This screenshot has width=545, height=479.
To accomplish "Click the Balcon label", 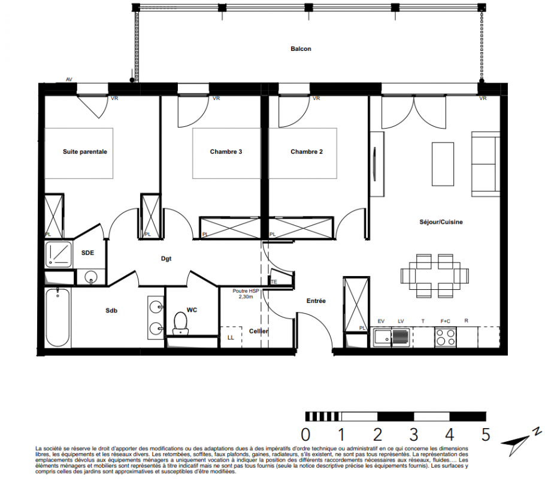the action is tap(301, 49).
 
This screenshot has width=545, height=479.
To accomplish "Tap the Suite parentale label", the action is tap(85, 151).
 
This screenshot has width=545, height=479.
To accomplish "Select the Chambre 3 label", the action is tap(226, 151).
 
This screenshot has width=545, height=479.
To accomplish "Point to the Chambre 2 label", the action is tap(307, 151).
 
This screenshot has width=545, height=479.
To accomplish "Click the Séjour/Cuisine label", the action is tap(441, 222).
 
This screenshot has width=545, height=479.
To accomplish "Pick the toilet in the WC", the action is tap(180, 323).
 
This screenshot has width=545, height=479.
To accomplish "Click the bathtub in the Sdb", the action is tap(57, 317).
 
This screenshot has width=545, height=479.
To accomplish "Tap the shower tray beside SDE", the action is tap(59, 254).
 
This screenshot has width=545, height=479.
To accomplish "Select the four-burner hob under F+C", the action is tap(445, 337).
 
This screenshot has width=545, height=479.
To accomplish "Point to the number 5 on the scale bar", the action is tap(486, 435).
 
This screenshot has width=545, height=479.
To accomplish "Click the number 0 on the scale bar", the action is tap(305, 435).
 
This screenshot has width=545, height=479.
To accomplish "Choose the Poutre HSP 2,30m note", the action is tap(246, 294).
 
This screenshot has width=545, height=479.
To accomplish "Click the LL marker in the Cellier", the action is tap(231, 337).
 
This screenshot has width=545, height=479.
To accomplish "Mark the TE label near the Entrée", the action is tap(274, 282).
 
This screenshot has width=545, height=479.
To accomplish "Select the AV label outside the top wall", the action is tap(69, 80).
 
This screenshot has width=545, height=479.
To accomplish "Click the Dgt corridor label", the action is tap(166, 259).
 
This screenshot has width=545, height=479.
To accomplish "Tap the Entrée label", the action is tap(316, 301).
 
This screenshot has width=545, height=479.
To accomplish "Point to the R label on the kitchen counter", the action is tap(466, 321).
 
